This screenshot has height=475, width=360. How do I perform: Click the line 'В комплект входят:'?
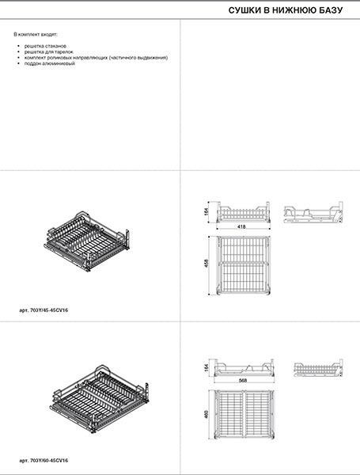coord(36,34)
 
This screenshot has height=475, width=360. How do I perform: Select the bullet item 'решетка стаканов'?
coord(45,46)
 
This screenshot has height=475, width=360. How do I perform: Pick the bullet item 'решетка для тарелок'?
coord(48,51)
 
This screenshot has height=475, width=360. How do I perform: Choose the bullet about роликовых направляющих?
coord(96,58)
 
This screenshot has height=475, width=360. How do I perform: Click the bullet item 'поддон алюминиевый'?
coord(49,63)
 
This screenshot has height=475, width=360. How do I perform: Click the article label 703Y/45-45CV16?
coord(44,310)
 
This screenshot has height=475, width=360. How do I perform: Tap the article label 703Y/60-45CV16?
coord(44,461)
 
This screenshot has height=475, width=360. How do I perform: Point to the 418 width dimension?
coord(242,226)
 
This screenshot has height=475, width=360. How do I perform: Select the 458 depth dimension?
coord(207,263)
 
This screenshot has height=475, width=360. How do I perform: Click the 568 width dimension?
coord(243,381)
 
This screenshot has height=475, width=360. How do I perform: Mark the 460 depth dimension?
coord(207,414)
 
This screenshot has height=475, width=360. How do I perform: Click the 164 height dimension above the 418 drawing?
coord(207,211)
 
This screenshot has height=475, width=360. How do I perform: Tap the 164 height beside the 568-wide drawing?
coord(207,367)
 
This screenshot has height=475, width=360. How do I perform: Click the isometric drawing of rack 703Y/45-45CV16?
coord(87,241)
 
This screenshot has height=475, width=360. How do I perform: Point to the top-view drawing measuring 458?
coord(243,265)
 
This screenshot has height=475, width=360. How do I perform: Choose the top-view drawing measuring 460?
coord(244,414)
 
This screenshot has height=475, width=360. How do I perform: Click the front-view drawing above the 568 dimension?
coord(244,367)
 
